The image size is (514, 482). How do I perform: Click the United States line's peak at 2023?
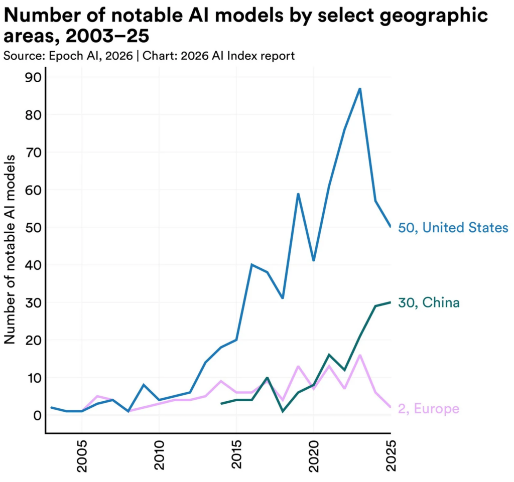point(360,89)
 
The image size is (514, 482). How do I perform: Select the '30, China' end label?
point(429,302)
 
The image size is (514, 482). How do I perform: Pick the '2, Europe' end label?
point(429,409)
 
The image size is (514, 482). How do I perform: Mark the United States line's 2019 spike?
point(298,194)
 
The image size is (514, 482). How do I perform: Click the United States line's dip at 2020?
point(314,261)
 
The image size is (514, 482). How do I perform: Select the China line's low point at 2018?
point(283,411)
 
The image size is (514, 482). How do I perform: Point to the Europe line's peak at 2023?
point(360,355)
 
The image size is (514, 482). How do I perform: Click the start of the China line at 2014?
point(221,403)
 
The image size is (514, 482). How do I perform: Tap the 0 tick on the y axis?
point(33,415)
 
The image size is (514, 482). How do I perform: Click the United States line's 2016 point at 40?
point(252,264)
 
